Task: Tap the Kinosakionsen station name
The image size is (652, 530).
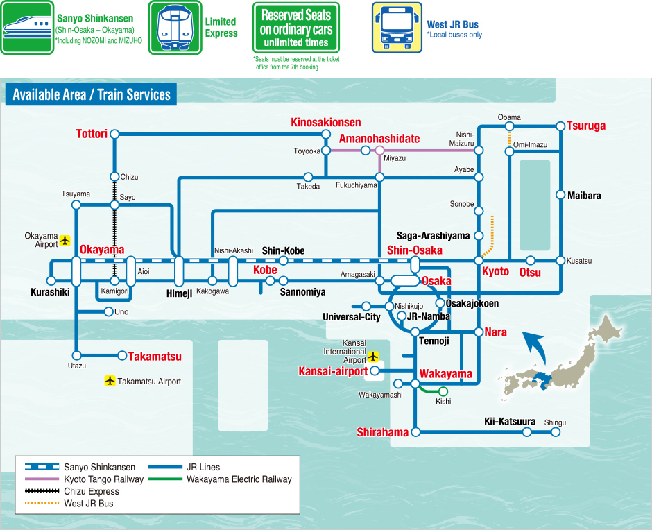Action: coord(325,123)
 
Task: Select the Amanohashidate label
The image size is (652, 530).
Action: coord(379,139)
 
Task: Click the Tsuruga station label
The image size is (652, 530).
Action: coord(586,126)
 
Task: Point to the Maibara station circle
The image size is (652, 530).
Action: coord(560,195)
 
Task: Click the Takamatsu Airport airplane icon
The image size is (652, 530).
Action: coord(110,381)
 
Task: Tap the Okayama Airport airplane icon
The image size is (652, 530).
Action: coord(65,240)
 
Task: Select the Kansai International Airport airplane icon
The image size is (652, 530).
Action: coord(373,357)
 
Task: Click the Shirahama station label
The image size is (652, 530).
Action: coord(382,432)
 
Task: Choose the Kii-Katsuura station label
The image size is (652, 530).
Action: coord(509,421)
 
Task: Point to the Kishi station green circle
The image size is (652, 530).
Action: coord(443,391)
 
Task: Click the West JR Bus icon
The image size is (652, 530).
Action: coord(396,27)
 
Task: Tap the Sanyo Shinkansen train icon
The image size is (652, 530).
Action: coord(27,28)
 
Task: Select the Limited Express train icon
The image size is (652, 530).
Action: coord(175,27)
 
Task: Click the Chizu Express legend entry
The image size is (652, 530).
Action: coord(71,491)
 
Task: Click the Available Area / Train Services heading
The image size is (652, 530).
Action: coord(91,95)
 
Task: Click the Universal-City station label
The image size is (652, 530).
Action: coord(352,317)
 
